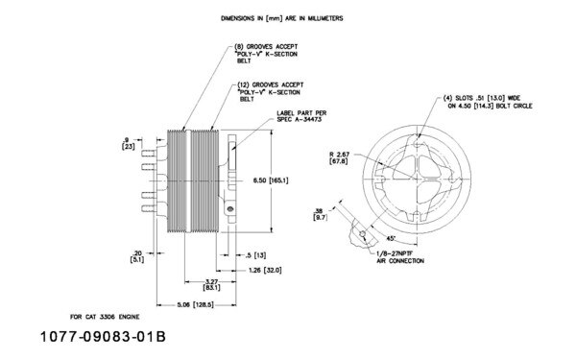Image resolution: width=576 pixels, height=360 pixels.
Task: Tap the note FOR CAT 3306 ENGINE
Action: coord(107,315)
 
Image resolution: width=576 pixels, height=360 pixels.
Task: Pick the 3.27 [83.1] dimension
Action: coord(213,283)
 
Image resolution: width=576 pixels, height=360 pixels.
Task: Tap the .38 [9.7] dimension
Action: coord(319,215)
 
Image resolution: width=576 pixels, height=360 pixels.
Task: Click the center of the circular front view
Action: coord(404,179)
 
